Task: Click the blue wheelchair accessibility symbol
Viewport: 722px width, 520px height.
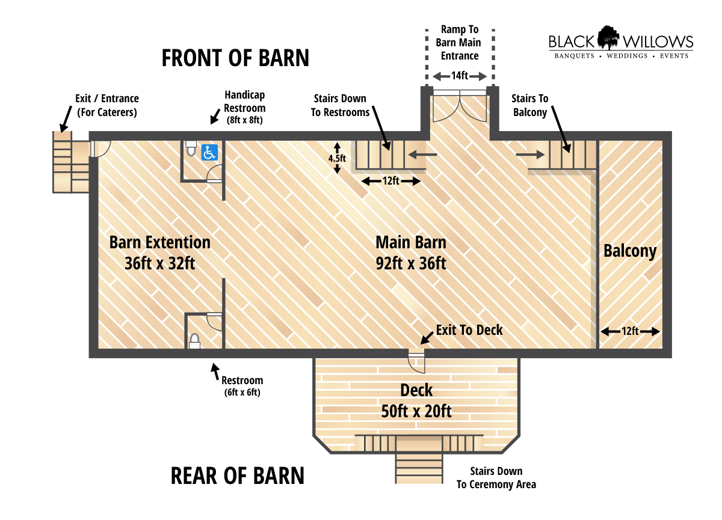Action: point(209,152)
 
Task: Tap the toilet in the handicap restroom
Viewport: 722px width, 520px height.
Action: point(191,148)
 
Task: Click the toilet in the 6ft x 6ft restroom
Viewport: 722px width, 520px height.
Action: point(194,341)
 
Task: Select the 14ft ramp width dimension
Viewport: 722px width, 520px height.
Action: point(460,76)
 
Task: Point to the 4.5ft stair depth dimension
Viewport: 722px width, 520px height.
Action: point(337,158)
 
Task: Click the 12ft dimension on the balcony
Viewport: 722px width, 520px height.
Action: point(630,331)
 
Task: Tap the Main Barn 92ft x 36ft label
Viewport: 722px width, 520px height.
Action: point(411,252)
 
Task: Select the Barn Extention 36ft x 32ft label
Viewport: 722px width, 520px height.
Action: point(160,252)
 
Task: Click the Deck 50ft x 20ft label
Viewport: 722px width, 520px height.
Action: point(416,401)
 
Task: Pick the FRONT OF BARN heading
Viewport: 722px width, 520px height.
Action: point(235,58)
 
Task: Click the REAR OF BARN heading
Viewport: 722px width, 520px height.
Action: point(238,476)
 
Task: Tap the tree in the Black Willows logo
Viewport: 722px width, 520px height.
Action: point(608,37)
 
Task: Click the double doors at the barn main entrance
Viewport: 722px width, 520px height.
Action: point(460,106)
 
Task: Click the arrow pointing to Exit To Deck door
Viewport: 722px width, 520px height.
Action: point(427,338)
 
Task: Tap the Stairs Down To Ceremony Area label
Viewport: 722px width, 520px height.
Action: point(496,478)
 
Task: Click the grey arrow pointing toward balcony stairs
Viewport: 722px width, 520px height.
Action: point(530,155)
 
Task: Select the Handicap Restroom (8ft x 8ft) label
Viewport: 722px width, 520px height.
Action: point(245,108)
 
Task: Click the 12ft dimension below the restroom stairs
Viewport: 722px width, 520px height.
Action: point(391,181)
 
